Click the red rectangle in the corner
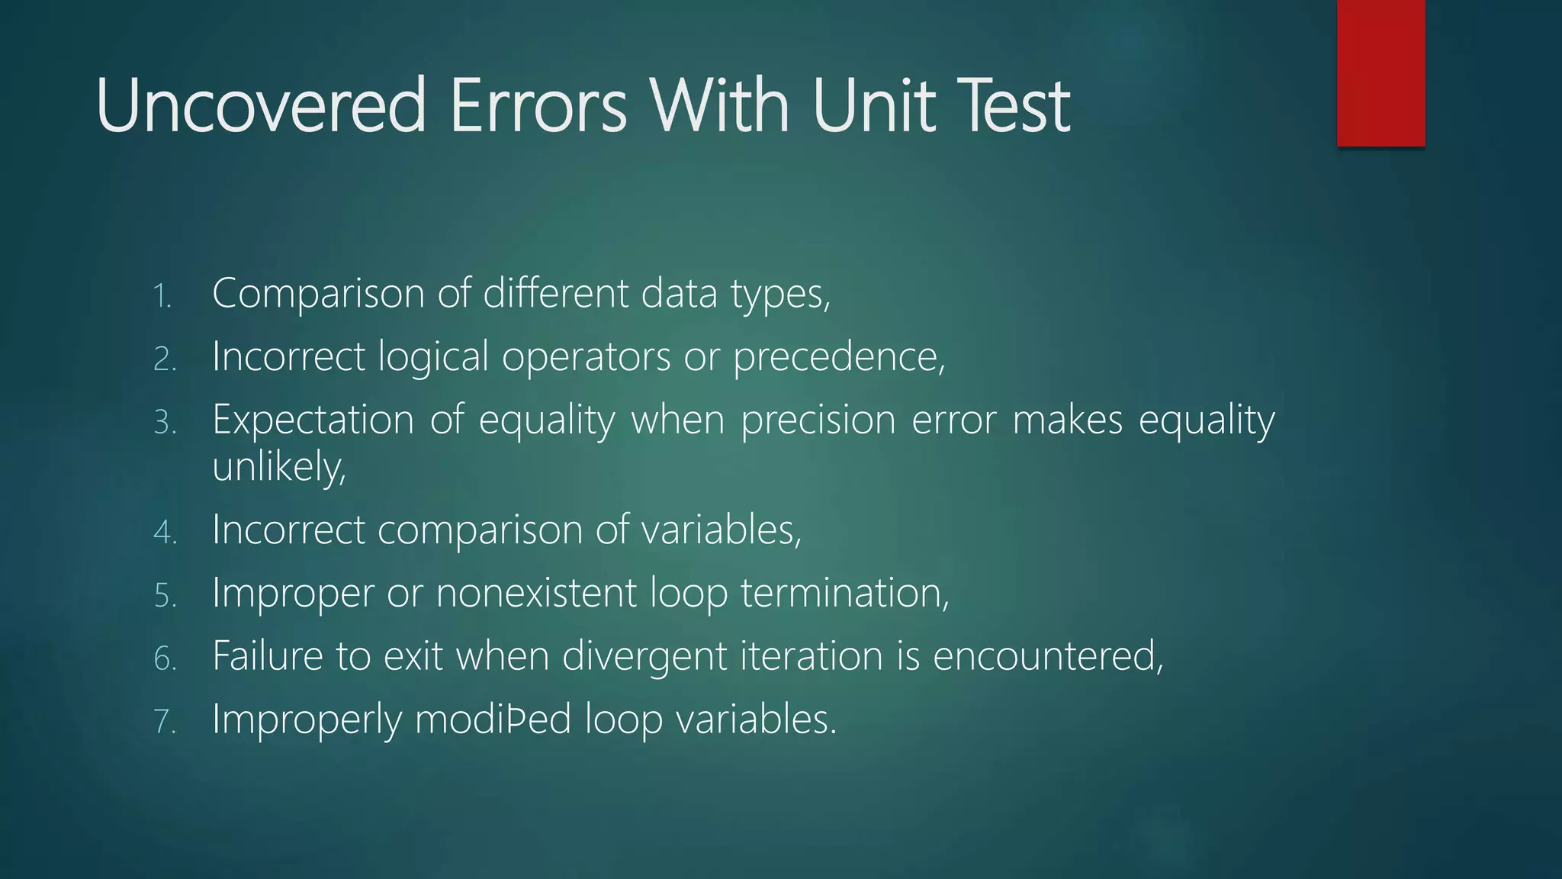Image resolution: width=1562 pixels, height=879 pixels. (x=1380, y=72)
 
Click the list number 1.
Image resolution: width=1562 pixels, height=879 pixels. (x=162, y=296)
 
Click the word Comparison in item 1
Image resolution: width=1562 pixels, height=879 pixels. (x=318, y=294)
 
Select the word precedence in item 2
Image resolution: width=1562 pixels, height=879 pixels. (x=837, y=357)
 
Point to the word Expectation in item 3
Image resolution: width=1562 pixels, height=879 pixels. (x=313, y=420)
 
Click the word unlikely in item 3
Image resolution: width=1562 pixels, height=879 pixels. (x=278, y=466)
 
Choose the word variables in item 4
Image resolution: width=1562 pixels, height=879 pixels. (x=721, y=530)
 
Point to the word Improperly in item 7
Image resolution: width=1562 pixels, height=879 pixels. (x=307, y=720)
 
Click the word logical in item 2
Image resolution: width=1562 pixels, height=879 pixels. (x=433, y=357)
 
